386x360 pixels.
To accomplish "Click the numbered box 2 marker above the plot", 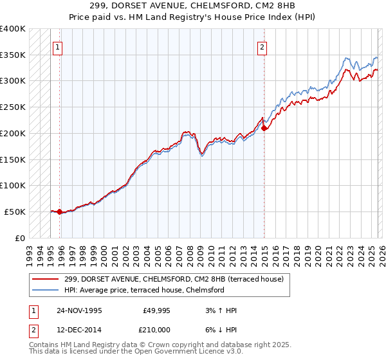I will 263,46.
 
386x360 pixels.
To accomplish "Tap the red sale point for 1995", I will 59,212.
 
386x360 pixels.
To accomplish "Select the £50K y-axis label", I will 15,212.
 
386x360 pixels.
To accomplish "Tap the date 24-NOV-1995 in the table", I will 78,310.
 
